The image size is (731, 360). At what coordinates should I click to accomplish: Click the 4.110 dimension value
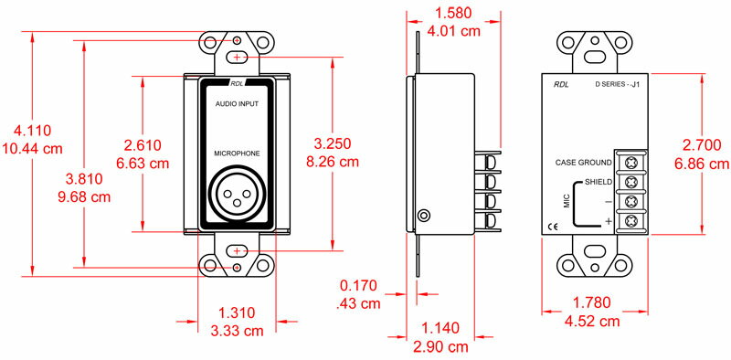point(33,131)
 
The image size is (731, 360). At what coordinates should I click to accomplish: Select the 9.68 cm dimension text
point(84,196)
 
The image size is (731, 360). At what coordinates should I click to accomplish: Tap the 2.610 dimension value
point(143,145)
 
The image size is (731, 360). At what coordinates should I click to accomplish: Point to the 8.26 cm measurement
point(333,162)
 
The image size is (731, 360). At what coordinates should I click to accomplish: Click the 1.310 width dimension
point(237,312)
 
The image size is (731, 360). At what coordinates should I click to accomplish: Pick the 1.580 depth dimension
point(453,13)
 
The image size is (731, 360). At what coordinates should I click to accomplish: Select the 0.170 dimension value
point(358,285)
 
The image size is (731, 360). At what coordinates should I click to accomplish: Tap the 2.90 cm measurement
point(440,347)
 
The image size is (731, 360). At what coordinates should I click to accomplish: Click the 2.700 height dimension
point(702,146)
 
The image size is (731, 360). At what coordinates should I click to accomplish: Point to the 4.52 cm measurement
point(592,322)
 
